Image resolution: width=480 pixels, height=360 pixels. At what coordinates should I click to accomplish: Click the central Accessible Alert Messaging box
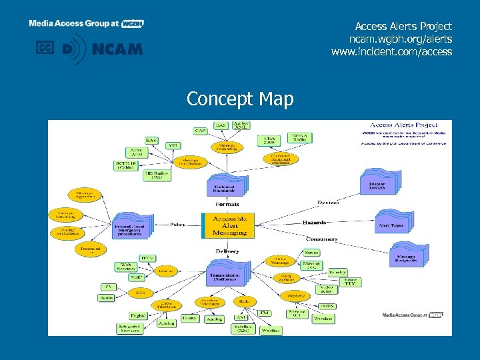click(229, 225)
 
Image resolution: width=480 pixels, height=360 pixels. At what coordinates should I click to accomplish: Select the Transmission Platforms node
click(225, 277)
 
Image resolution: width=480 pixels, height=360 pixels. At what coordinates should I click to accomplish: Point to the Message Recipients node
click(407, 257)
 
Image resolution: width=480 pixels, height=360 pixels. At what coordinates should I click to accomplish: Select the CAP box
click(199, 131)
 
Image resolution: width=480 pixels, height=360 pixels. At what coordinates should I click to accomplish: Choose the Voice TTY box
click(349, 282)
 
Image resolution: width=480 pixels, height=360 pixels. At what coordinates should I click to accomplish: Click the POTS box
click(326, 306)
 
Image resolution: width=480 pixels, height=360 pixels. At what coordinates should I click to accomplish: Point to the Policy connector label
click(177, 225)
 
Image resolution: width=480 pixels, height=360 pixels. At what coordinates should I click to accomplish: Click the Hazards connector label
click(314, 222)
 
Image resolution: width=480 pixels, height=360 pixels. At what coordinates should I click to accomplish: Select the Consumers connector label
click(317, 238)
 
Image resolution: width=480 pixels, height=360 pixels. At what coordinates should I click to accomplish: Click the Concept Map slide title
click(240, 99)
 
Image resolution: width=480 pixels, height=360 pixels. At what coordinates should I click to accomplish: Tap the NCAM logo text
click(117, 49)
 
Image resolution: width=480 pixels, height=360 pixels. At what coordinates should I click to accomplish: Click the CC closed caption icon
click(45, 48)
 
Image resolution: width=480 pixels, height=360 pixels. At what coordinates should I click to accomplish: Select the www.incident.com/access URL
click(391, 51)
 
